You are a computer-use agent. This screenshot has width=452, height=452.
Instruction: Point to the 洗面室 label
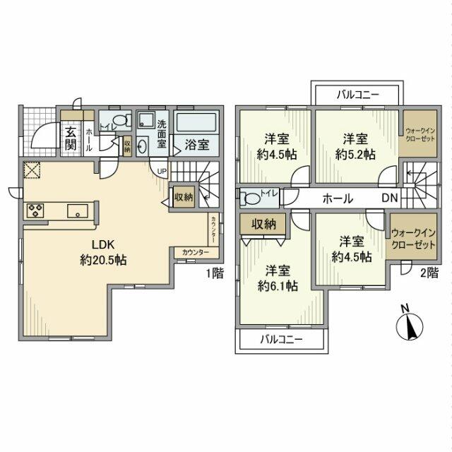tap(162, 133)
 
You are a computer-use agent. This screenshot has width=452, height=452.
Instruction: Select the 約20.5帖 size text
tap(103, 260)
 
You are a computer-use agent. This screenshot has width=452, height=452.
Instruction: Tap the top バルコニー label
tap(358, 94)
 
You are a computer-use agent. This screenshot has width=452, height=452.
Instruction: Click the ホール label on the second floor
tap(338, 199)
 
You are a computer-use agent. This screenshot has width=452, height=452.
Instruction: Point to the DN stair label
tap(390, 199)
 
